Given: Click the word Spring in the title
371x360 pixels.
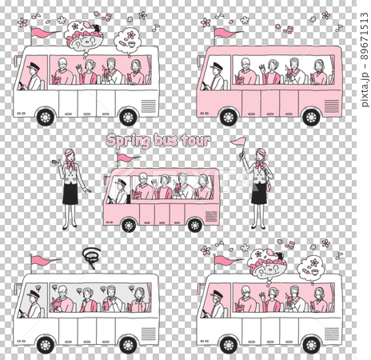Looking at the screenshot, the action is click(128, 141).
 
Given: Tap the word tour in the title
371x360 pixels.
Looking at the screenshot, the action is click(196, 140).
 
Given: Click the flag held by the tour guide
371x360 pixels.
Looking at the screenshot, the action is click(239, 142).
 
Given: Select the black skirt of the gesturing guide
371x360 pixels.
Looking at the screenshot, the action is click(70, 194).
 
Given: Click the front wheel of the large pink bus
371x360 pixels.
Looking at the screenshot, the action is click(229, 117).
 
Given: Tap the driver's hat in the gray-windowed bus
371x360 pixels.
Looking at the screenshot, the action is click(34, 294).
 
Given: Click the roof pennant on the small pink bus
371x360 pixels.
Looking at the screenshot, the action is click(129, 158).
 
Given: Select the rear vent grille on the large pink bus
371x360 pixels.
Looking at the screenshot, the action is click(332, 106).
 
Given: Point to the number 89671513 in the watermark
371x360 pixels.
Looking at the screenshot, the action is click(365, 36).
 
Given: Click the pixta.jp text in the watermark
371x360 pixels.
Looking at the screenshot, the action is click(365, 90).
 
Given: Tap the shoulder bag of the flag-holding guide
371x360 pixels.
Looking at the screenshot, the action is click(269, 185).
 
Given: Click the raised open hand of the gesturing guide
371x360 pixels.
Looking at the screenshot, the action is click(57, 162).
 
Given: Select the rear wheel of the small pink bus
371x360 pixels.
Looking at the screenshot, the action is click(195, 225).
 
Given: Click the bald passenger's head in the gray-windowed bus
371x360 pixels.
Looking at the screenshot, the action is click(62, 290).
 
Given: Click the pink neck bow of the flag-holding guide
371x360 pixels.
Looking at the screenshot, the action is click(259, 166).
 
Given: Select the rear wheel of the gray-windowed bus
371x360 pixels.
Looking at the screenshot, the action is click(128, 346).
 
